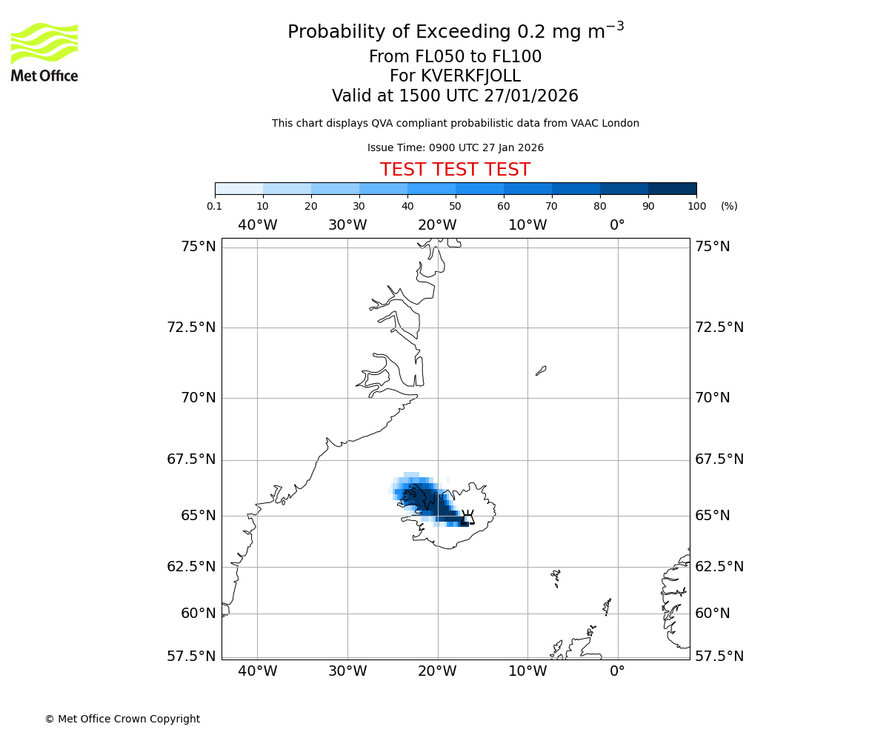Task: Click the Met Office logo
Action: click(x=44, y=52)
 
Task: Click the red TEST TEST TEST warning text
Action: click(x=455, y=170)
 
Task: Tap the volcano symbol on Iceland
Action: click(x=468, y=516)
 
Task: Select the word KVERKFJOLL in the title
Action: click(x=470, y=76)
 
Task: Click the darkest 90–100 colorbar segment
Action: click(x=672, y=188)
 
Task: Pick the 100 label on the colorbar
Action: click(x=696, y=206)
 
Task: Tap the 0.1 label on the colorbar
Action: click(x=215, y=206)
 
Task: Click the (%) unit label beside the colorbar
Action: click(x=729, y=206)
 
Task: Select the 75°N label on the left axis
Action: click(x=199, y=247)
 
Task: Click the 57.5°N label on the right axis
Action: click(x=719, y=656)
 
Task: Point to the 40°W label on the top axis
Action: click(x=257, y=225)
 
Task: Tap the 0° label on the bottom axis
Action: click(x=617, y=671)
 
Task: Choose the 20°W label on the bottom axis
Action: click(x=437, y=671)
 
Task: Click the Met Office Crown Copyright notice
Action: click(x=122, y=719)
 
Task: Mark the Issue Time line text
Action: click(x=455, y=147)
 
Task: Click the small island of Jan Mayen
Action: click(x=541, y=370)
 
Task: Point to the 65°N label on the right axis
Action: click(x=712, y=516)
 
